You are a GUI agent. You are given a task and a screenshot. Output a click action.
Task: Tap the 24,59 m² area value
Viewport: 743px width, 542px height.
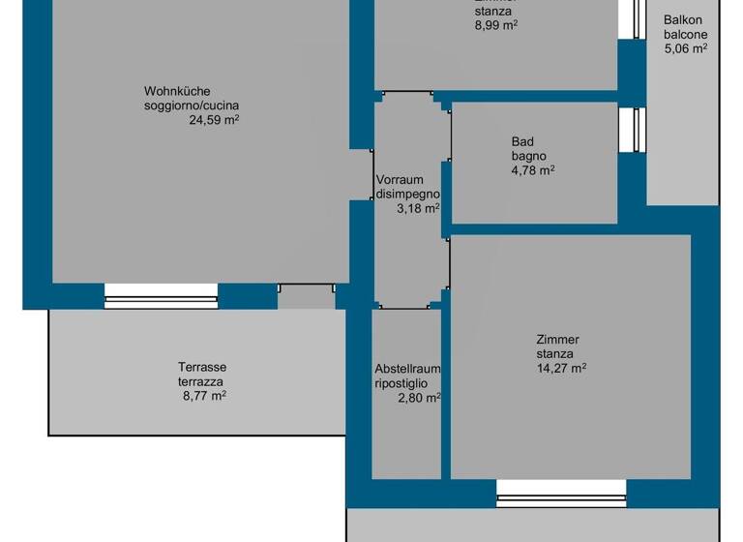[x=214, y=121]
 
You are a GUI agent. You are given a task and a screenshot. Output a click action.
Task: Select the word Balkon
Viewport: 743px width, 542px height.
[x=683, y=19]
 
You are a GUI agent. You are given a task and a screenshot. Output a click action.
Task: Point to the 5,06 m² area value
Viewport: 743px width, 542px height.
[x=685, y=46]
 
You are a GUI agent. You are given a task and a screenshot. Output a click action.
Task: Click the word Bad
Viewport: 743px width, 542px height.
[x=522, y=141]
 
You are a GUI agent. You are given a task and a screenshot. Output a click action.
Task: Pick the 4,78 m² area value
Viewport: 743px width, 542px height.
[x=532, y=170]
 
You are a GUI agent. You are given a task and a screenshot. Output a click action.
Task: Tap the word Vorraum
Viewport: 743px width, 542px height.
[x=398, y=180]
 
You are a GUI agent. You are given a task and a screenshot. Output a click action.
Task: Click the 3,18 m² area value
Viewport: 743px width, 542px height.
[x=418, y=207]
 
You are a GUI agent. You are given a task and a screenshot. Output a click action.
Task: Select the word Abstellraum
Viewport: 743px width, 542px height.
[x=407, y=369]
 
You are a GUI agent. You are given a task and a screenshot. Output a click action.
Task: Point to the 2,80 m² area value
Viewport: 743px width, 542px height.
[x=420, y=396]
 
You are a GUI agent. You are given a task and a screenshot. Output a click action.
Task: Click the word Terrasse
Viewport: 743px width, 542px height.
[x=202, y=367]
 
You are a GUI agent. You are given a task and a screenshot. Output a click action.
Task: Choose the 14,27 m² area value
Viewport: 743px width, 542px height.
[x=561, y=367]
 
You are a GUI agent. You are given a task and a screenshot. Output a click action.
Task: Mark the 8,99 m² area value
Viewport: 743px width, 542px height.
[x=495, y=25]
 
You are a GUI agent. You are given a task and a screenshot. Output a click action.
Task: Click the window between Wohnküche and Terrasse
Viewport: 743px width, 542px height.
[x=161, y=296]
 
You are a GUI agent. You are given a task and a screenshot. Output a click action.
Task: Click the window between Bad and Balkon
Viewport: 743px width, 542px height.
[x=637, y=129]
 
